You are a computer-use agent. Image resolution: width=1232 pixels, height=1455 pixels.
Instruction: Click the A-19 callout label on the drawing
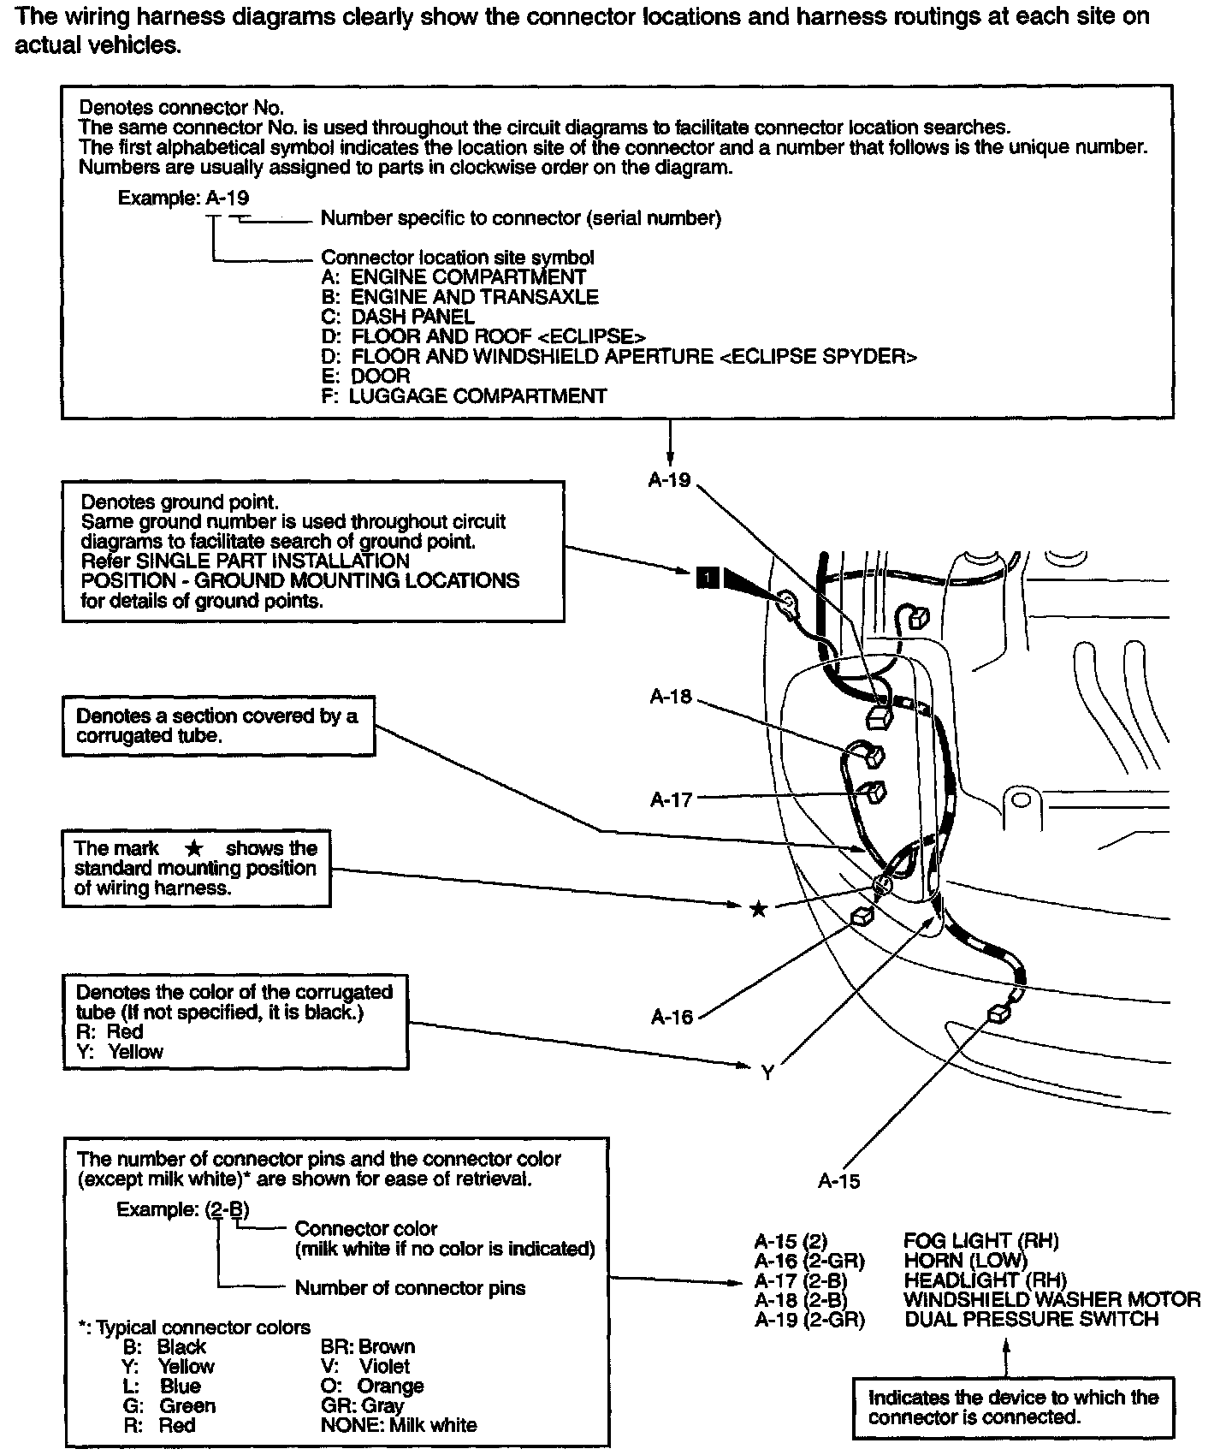(669, 480)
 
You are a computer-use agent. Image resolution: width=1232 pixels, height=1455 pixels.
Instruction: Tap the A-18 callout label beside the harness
(671, 697)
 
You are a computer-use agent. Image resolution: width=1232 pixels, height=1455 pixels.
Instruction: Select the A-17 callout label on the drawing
(671, 800)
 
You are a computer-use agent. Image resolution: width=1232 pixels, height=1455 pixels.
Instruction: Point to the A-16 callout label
(672, 1017)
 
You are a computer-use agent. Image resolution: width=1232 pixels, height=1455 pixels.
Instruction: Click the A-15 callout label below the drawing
(838, 1181)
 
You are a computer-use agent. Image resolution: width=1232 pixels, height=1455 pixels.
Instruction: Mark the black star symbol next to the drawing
(758, 909)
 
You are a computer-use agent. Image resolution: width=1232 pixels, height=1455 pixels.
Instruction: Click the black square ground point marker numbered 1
(708, 579)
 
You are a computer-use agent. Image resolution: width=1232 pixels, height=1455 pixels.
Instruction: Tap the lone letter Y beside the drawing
(767, 1072)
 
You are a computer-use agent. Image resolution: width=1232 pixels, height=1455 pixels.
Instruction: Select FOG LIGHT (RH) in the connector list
(980, 1241)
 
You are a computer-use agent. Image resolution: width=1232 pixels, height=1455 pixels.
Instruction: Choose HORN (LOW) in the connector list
(965, 1261)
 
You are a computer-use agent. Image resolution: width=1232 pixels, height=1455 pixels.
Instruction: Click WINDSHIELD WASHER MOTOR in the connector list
(1052, 1300)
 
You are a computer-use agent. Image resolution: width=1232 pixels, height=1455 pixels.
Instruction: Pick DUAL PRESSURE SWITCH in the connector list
(1031, 1320)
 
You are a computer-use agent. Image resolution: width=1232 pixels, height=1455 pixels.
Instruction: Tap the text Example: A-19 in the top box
(183, 199)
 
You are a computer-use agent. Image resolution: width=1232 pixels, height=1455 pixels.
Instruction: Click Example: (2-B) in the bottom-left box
(183, 1209)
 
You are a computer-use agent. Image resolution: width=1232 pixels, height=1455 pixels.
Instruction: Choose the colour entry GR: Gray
(362, 1406)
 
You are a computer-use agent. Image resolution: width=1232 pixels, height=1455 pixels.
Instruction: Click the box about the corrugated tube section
(218, 727)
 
